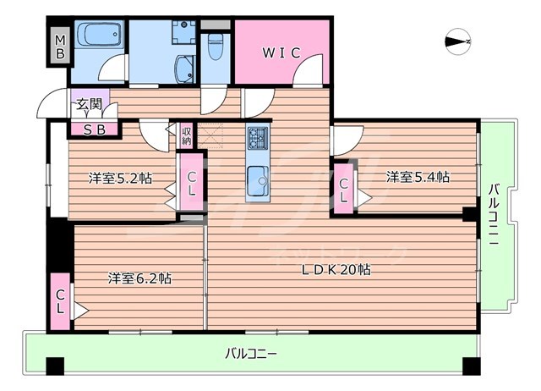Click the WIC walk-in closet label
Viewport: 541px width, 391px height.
click(x=281, y=52)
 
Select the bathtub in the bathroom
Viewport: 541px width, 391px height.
click(x=100, y=37)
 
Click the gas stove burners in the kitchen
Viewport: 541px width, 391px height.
click(x=258, y=136)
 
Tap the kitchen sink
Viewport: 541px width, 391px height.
click(x=258, y=179)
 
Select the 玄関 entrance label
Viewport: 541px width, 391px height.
click(x=88, y=105)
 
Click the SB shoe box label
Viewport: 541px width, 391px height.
click(x=94, y=129)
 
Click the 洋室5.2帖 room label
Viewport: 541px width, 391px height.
click(x=120, y=179)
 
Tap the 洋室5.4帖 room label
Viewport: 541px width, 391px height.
click(x=418, y=178)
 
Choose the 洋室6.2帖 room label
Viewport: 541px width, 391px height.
click(x=139, y=278)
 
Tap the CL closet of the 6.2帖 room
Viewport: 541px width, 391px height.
click(x=60, y=300)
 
